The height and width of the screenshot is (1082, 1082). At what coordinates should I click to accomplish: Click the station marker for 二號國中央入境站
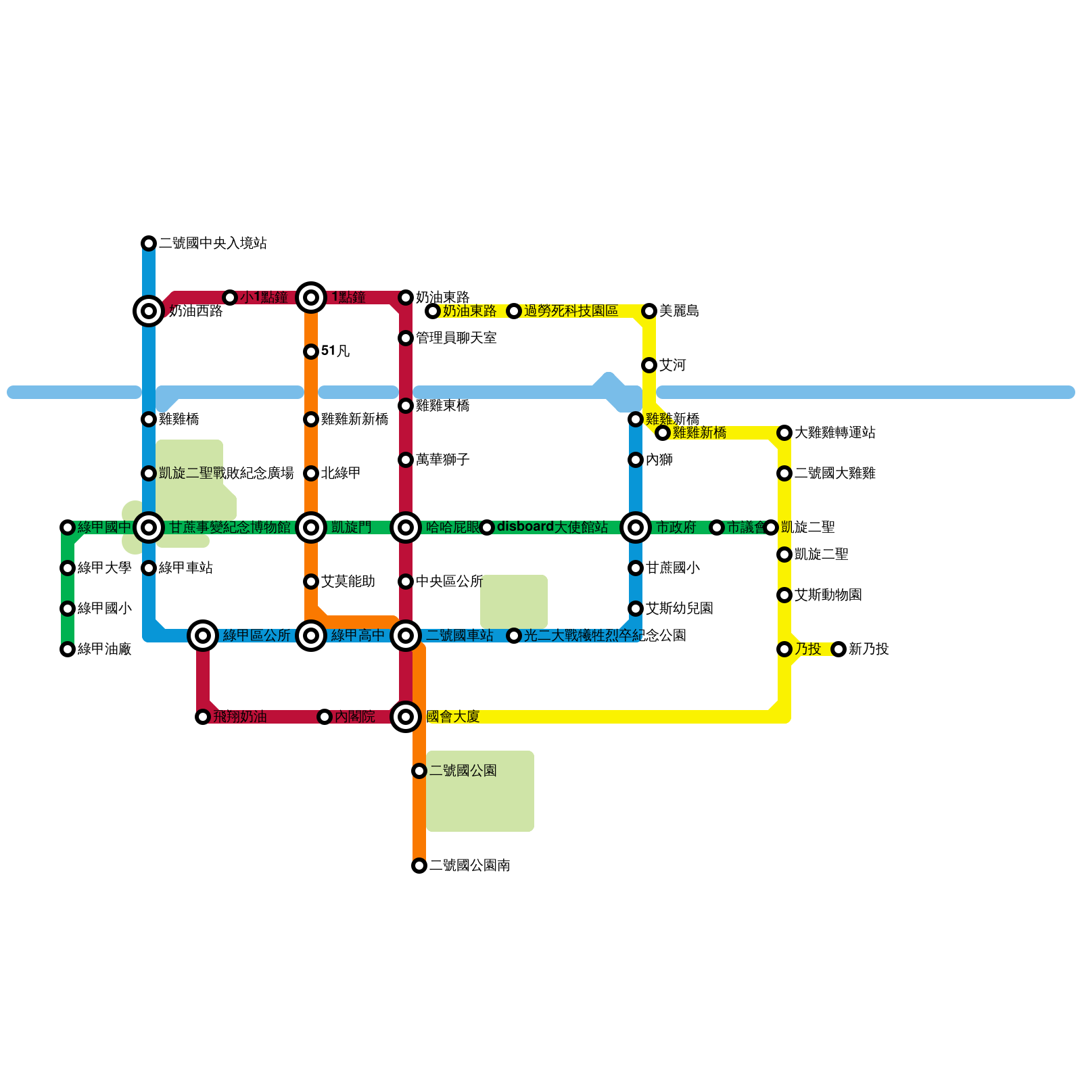[x=149, y=243]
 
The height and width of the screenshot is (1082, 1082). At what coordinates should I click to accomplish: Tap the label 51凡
[x=335, y=351]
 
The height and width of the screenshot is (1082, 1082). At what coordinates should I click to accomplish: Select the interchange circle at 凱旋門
[x=311, y=527]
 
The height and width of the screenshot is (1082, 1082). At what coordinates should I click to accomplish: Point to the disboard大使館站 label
[x=552, y=527]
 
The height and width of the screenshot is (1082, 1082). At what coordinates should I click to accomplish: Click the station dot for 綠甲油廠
[x=68, y=649]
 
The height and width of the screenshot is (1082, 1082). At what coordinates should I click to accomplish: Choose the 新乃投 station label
[x=868, y=649]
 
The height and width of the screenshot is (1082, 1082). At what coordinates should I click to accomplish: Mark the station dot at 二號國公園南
[x=419, y=866]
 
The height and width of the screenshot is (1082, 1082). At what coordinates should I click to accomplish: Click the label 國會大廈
[x=452, y=717]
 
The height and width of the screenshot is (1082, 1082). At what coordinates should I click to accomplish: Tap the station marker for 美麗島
[x=649, y=311]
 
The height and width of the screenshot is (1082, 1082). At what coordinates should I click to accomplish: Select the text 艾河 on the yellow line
[x=672, y=365]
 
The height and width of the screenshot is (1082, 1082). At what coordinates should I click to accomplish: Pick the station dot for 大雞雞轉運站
[x=784, y=433]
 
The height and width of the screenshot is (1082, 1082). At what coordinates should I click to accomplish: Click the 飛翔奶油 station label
[x=240, y=717]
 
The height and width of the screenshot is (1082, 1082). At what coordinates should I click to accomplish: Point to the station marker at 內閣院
[x=325, y=717]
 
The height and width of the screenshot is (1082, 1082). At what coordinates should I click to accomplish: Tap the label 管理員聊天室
[x=456, y=338]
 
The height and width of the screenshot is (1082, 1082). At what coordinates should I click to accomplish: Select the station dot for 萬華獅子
[x=406, y=460]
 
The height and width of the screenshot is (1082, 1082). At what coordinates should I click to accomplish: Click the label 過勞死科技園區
[x=571, y=311]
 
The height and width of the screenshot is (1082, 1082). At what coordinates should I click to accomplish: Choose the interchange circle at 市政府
[x=636, y=527]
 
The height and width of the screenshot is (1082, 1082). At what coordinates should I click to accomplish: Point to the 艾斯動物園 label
[x=828, y=595]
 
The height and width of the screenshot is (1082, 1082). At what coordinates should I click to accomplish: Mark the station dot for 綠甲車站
[x=149, y=568]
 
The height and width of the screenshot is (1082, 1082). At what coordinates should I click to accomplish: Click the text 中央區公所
[x=449, y=582]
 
